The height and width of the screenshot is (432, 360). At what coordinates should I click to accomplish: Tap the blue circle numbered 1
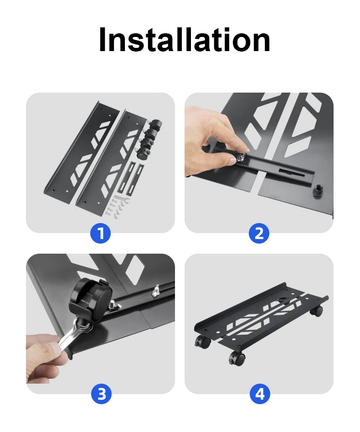pos(100,234)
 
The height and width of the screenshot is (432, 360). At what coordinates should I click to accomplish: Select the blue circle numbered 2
pos(259,234)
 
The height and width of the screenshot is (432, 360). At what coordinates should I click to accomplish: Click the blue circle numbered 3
pos(102,394)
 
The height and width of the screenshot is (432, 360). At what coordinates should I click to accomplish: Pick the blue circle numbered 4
pos(260,394)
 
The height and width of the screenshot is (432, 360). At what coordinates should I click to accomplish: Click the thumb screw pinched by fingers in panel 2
pos(240,158)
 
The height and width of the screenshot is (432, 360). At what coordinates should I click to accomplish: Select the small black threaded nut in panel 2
pos(319,190)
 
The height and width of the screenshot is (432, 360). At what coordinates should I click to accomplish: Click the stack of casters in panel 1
pos(149,139)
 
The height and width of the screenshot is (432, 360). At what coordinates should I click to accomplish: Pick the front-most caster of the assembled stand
pos(237,359)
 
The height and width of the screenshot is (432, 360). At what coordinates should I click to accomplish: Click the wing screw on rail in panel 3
pos(156,291)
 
